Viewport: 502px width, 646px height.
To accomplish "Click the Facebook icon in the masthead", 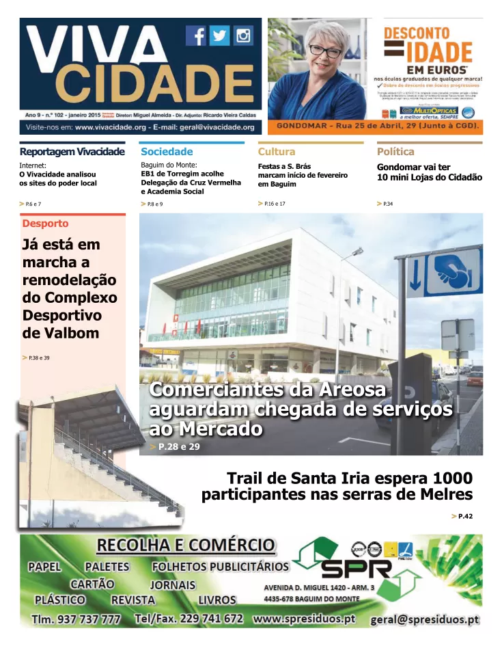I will click(197, 36).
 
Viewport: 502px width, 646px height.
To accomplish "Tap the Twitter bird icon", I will click(219, 36).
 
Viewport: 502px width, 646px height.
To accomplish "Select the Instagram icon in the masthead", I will click(242, 36).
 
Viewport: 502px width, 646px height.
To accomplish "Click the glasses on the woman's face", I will click(324, 51).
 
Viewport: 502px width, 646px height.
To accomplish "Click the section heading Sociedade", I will click(167, 152).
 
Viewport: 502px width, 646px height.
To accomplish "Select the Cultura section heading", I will click(277, 152).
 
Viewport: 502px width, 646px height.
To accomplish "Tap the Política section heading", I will click(395, 152).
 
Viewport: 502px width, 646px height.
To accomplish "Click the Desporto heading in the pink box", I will click(45, 224).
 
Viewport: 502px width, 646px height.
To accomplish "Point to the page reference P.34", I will click(387, 204).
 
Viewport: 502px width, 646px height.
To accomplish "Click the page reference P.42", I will click(465, 516).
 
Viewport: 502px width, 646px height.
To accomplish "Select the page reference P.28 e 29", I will click(179, 446).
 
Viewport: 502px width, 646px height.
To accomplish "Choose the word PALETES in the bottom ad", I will click(107, 567).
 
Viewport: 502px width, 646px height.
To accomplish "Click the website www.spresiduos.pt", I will click(304, 619).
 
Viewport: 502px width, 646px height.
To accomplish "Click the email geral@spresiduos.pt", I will click(424, 620).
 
